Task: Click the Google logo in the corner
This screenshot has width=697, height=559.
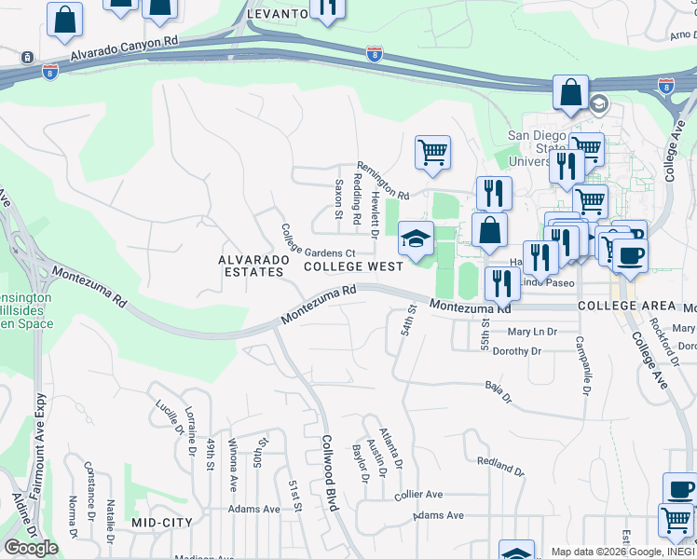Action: point(31,548)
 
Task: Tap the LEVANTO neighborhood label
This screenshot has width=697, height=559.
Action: point(277,15)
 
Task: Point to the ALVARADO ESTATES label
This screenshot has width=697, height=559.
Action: point(251,266)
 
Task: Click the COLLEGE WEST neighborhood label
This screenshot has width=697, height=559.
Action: point(353,266)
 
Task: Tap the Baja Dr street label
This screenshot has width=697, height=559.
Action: point(499,391)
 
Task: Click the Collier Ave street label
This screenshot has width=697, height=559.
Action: point(418,495)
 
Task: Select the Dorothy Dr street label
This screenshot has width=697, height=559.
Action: point(516,351)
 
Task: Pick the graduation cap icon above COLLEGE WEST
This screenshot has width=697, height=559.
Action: point(416,239)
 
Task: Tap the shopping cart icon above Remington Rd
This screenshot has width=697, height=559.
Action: point(432,152)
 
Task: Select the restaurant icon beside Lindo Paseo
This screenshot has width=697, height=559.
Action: point(502,283)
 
